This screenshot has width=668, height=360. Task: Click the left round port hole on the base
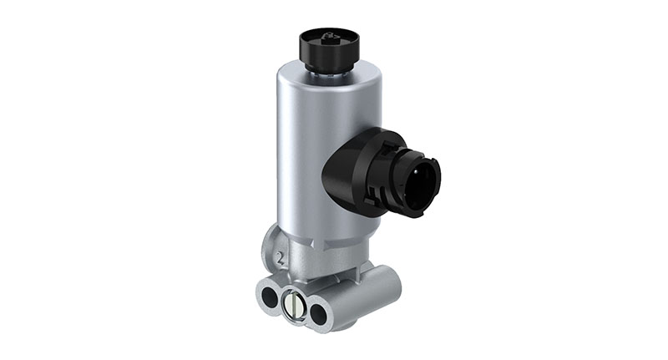click(x=269, y=297)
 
